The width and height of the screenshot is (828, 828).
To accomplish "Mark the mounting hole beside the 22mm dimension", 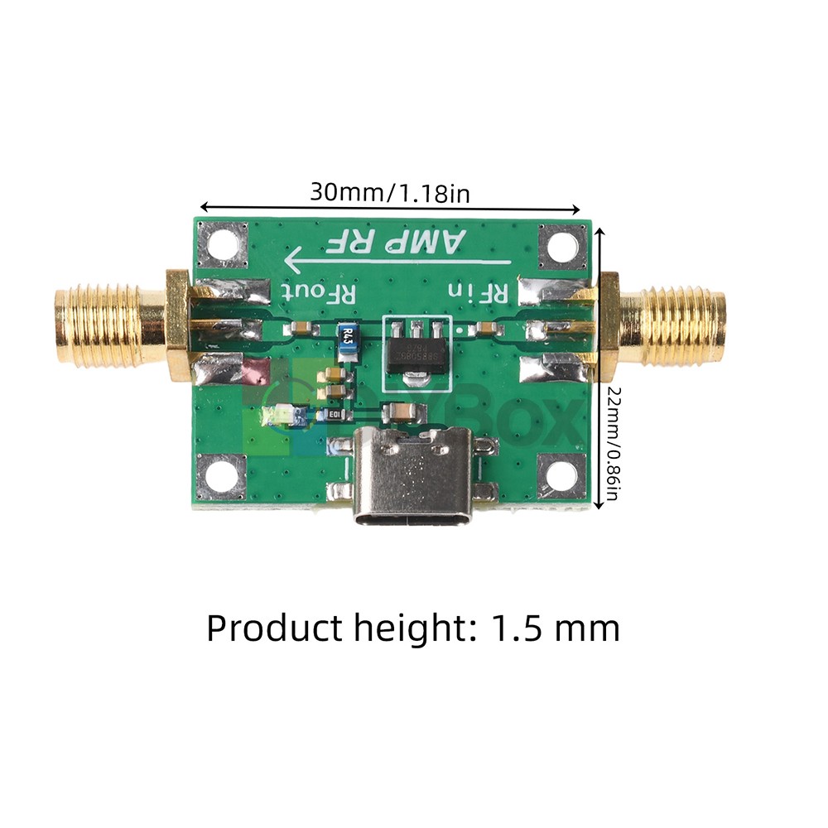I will point(560,476).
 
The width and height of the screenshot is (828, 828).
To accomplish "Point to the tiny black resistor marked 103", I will point(335,414).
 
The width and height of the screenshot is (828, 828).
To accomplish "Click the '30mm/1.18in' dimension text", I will point(390,193).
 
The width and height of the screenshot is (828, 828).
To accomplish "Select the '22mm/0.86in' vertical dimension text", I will point(613,443).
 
